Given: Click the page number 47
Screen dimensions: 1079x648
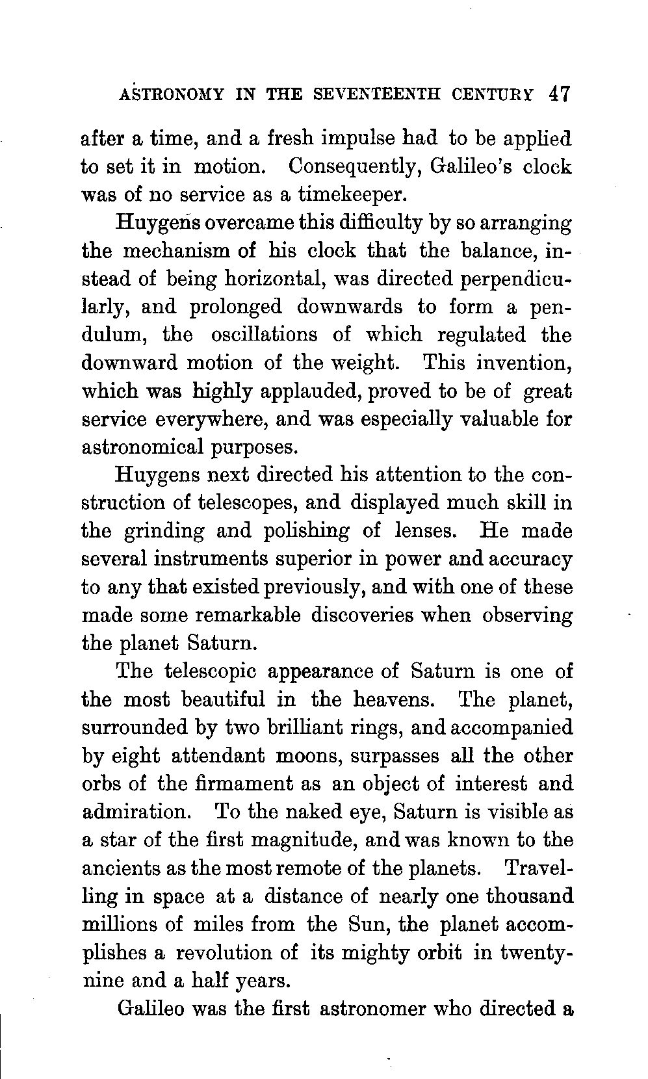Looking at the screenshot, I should [558, 94].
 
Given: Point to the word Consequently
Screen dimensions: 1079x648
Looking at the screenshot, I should [353, 166].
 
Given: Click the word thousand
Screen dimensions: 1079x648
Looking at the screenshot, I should [529, 896].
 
